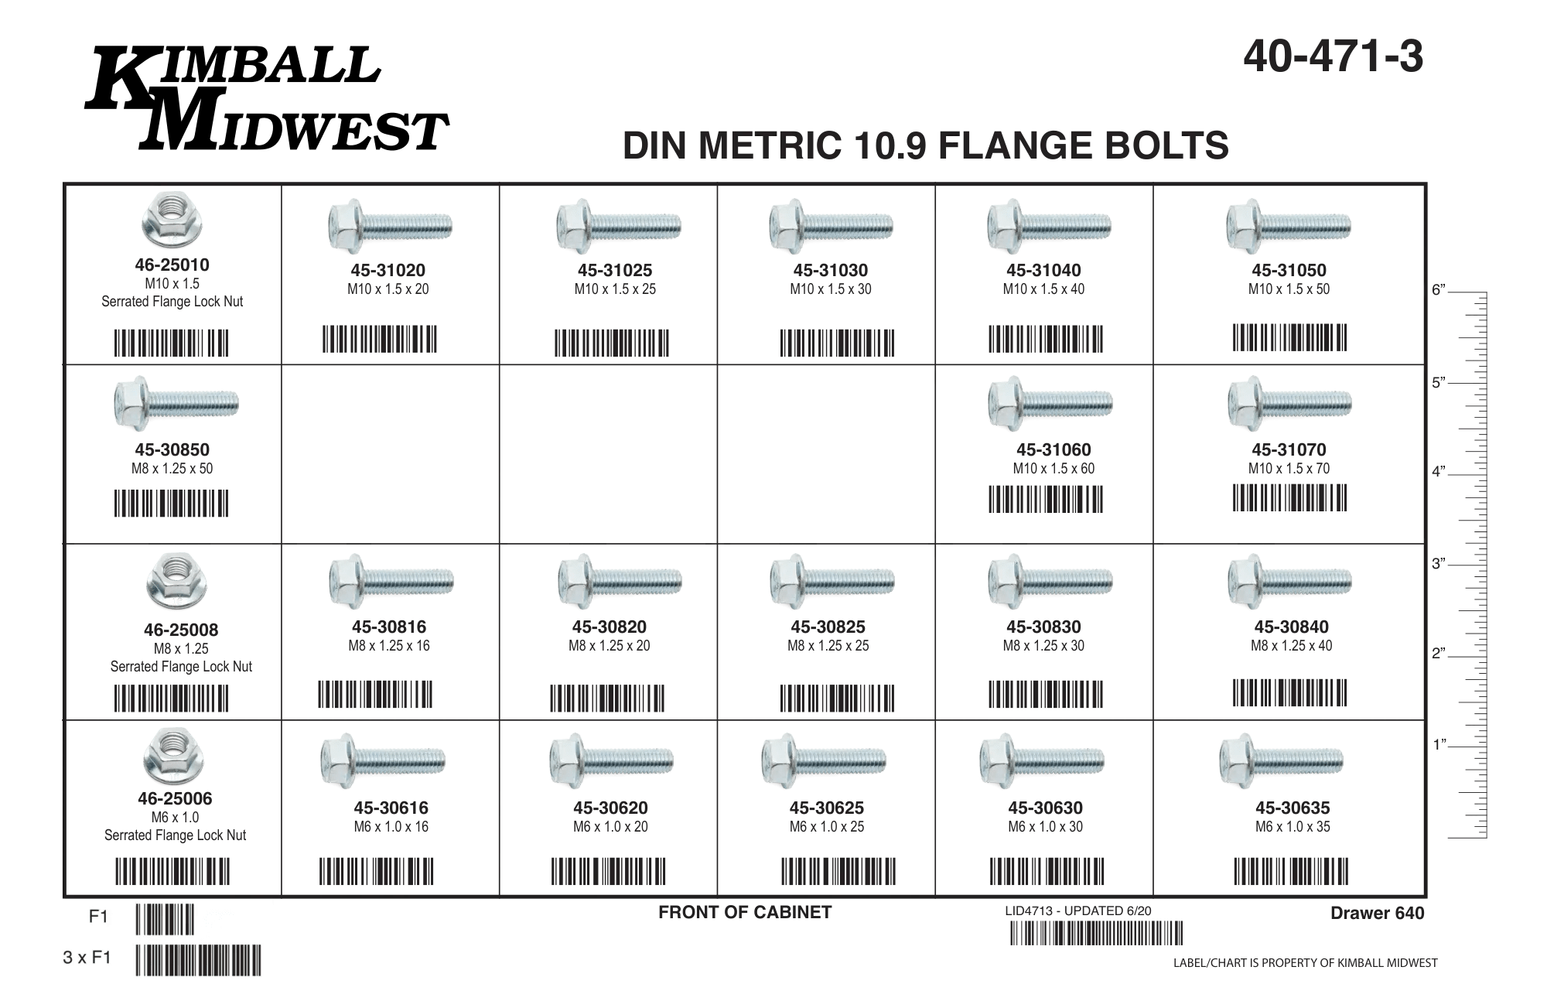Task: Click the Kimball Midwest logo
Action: (267, 99)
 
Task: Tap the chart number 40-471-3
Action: (1333, 57)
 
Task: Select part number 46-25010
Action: (172, 265)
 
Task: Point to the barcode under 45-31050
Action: (1289, 338)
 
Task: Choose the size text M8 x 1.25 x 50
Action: (172, 469)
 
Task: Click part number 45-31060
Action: (1054, 449)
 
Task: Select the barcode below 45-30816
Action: (375, 694)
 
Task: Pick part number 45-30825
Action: (828, 627)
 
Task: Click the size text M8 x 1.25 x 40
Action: (1292, 646)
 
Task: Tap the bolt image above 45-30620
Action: (611, 760)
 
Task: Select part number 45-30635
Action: (1293, 808)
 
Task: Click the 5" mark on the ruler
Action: (1439, 383)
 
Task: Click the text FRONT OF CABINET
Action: (745, 912)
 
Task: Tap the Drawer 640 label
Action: (1377, 913)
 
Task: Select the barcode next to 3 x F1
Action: (198, 960)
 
